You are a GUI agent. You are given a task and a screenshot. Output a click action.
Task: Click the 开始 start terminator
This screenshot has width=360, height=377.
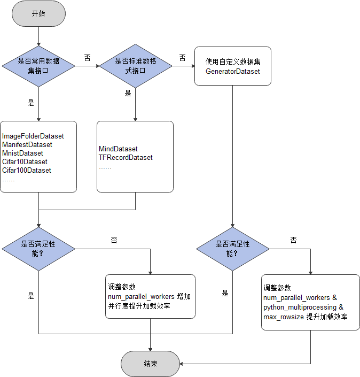click(38, 13)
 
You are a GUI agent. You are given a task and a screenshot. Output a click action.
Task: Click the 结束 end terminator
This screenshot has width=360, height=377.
click(150, 364)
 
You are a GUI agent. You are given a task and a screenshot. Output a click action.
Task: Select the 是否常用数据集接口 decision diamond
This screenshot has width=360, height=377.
click(38, 66)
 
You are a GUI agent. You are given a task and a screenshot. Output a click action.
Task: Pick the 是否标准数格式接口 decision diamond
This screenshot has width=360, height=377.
click(135, 66)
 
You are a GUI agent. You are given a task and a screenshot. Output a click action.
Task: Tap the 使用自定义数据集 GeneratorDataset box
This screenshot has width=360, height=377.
click(232, 66)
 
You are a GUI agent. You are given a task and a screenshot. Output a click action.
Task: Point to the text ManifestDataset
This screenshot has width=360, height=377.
click(27, 145)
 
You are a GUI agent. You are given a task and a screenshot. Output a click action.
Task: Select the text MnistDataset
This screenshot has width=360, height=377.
click(22, 153)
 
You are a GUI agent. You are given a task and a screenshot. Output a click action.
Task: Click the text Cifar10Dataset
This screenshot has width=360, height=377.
click(25, 162)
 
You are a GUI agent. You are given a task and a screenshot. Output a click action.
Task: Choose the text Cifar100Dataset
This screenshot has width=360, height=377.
click(27, 171)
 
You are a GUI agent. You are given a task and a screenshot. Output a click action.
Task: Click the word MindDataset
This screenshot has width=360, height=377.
click(118, 149)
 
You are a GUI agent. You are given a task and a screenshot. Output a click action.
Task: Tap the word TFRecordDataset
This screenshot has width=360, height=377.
click(126, 158)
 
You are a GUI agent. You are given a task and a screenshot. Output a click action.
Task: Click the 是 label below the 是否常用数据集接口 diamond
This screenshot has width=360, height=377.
click(30, 103)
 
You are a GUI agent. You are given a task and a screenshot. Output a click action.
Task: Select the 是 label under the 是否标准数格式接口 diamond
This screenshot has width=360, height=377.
click(128, 94)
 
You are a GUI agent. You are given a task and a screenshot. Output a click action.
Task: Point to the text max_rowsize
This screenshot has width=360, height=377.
click(283, 317)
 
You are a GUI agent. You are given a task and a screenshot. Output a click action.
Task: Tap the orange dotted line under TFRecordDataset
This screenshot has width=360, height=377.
click(105, 168)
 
